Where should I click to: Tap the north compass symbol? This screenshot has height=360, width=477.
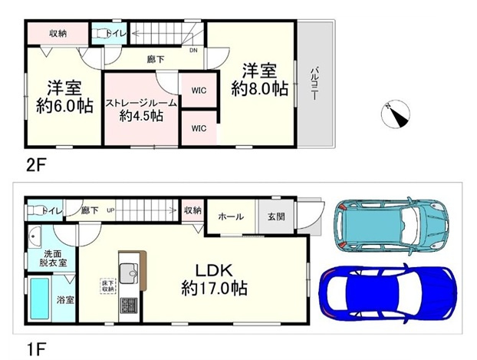[396, 114]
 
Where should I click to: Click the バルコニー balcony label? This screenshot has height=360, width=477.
[314, 84]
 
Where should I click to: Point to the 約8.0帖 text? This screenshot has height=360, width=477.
[260, 89]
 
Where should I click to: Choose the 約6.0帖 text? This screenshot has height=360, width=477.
[64, 105]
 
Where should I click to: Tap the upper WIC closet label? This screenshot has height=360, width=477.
[199, 91]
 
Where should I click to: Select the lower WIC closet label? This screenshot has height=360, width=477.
[199, 127]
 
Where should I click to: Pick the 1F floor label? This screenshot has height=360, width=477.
[35, 347]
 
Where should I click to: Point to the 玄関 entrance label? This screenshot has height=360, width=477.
[276, 217]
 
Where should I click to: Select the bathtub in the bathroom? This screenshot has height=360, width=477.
[40, 300]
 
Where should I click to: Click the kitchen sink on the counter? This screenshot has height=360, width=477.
[127, 272]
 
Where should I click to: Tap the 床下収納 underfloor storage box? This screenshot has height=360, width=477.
[107, 286]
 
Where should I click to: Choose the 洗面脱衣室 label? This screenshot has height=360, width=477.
[53, 257]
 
